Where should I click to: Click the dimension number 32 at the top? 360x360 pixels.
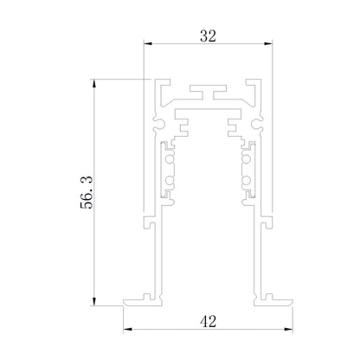pos(208,36)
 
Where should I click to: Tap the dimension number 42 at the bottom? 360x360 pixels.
pos(209,321)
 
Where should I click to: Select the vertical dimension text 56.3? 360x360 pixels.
pos(87,192)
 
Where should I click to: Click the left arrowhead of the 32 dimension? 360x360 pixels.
pos(148,43)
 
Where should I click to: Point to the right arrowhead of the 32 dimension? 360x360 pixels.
pos(268,43)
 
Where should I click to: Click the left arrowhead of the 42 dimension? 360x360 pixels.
pos(127,329)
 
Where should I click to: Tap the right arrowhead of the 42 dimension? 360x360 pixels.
pos(288,329)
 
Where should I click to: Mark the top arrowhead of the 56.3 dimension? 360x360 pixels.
pos(93,83)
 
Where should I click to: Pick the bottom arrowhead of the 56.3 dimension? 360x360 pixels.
pos(93,301)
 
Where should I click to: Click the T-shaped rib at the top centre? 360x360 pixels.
pos(208,92)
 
